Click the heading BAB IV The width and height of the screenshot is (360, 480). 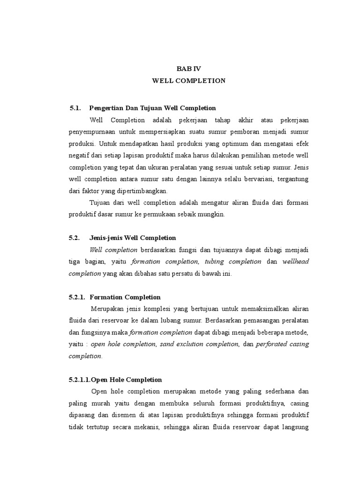[x=188, y=68]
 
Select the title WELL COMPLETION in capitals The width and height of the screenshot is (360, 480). [x=188, y=81]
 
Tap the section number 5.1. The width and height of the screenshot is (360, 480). [x=75, y=108]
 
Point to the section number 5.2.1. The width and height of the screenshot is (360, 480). [x=77, y=297]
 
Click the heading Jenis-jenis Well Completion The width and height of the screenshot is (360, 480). [x=133, y=238]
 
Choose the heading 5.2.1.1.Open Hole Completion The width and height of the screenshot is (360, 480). [x=115, y=380]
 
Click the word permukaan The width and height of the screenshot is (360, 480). [x=157, y=214]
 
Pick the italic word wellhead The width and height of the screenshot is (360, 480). [x=295, y=262]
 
